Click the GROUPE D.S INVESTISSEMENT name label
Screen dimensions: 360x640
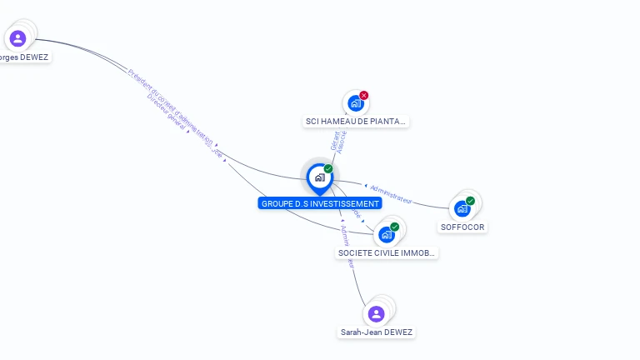(x=320, y=203)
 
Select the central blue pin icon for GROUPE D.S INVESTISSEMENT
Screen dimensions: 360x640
(x=319, y=177)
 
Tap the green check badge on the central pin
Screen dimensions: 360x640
(x=328, y=168)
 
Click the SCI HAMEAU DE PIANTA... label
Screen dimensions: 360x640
(x=356, y=122)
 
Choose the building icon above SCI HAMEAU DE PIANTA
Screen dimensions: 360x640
(x=356, y=104)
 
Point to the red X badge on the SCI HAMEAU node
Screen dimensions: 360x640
(x=364, y=95)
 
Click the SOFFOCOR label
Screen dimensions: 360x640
(x=462, y=227)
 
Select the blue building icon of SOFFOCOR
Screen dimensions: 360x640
(x=462, y=209)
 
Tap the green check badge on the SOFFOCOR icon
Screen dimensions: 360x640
(x=470, y=201)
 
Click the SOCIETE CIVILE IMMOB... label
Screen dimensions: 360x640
(x=386, y=252)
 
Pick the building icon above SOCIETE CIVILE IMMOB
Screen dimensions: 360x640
(x=386, y=235)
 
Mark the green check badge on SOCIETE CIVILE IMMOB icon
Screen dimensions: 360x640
(x=394, y=227)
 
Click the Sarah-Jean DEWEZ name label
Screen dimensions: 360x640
(x=376, y=332)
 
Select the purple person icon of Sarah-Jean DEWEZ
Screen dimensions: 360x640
(x=376, y=314)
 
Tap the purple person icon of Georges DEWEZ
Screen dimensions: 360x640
(x=17, y=38)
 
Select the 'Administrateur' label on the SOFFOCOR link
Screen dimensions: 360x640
(x=391, y=193)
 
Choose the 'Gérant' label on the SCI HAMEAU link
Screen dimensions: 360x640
(x=334, y=142)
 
